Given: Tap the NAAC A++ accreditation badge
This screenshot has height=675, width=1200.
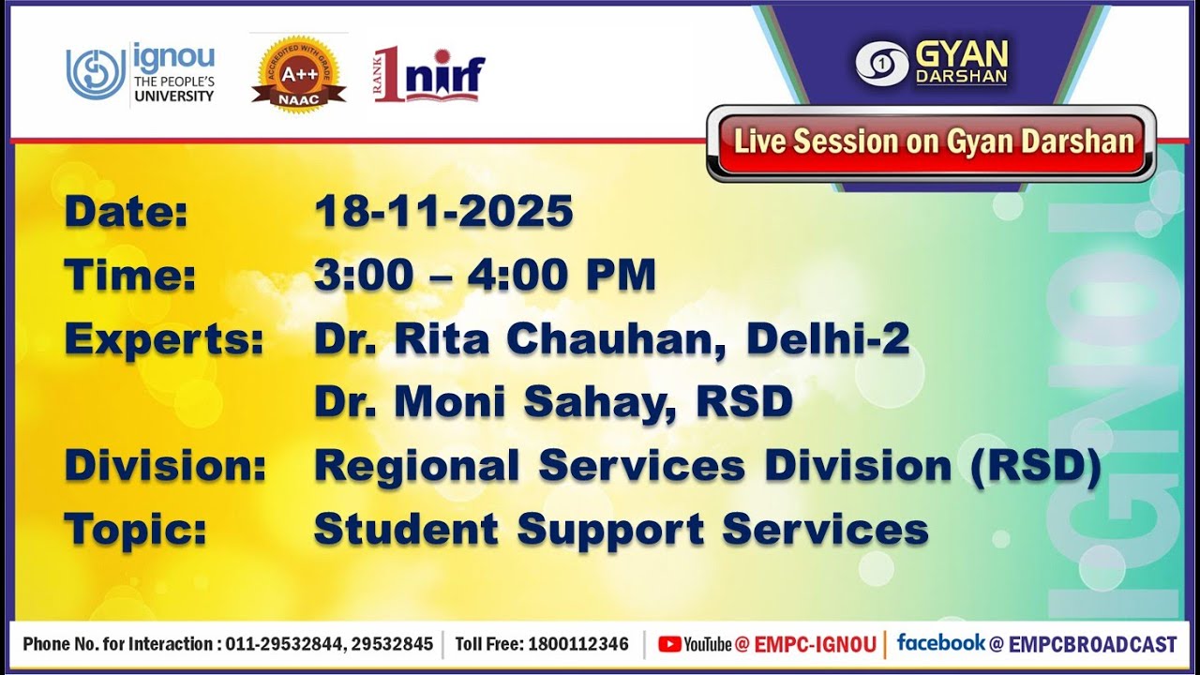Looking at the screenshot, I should (x=298, y=73).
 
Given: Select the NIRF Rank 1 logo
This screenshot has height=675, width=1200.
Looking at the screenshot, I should (x=429, y=73).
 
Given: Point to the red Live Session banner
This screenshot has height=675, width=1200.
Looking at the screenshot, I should (x=932, y=142).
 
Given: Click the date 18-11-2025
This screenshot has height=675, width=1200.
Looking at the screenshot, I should (x=443, y=212).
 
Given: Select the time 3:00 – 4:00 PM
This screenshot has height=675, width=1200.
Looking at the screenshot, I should (x=485, y=276).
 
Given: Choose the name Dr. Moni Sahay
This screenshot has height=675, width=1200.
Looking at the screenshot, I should (x=496, y=402).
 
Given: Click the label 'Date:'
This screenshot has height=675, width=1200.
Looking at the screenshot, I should (x=126, y=212).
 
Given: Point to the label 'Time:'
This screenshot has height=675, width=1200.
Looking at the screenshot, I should (x=130, y=276).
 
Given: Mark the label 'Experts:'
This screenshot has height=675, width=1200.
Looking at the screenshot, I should (x=164, y=339).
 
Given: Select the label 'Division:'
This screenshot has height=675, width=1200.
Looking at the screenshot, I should (x=165, y=466).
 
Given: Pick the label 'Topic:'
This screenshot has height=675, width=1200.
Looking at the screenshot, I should (x=135, y=530).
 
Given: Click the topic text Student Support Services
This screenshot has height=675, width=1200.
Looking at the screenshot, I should (x=621, y=530).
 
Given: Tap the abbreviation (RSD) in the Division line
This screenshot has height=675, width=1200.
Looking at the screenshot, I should (x=1035, y=466).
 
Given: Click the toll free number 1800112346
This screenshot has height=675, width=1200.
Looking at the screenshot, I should (x=578, y=644).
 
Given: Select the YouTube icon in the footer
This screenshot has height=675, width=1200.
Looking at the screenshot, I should (x=669, y=644).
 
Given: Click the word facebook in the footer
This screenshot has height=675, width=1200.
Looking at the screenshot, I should (x=940, y=643).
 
